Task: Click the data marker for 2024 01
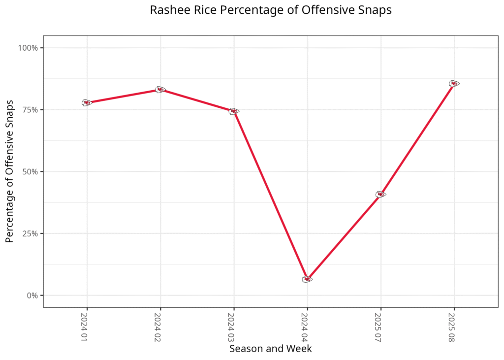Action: point(87,102)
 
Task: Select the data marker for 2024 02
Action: point(160,90)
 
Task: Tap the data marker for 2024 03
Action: point(234,111)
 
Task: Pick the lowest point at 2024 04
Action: point(307,279)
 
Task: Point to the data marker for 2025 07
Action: point(380,195)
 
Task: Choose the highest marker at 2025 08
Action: point(454,84)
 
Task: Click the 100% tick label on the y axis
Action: point(29,48)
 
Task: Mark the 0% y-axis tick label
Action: point(32,295)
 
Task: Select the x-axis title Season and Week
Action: point(270,349)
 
